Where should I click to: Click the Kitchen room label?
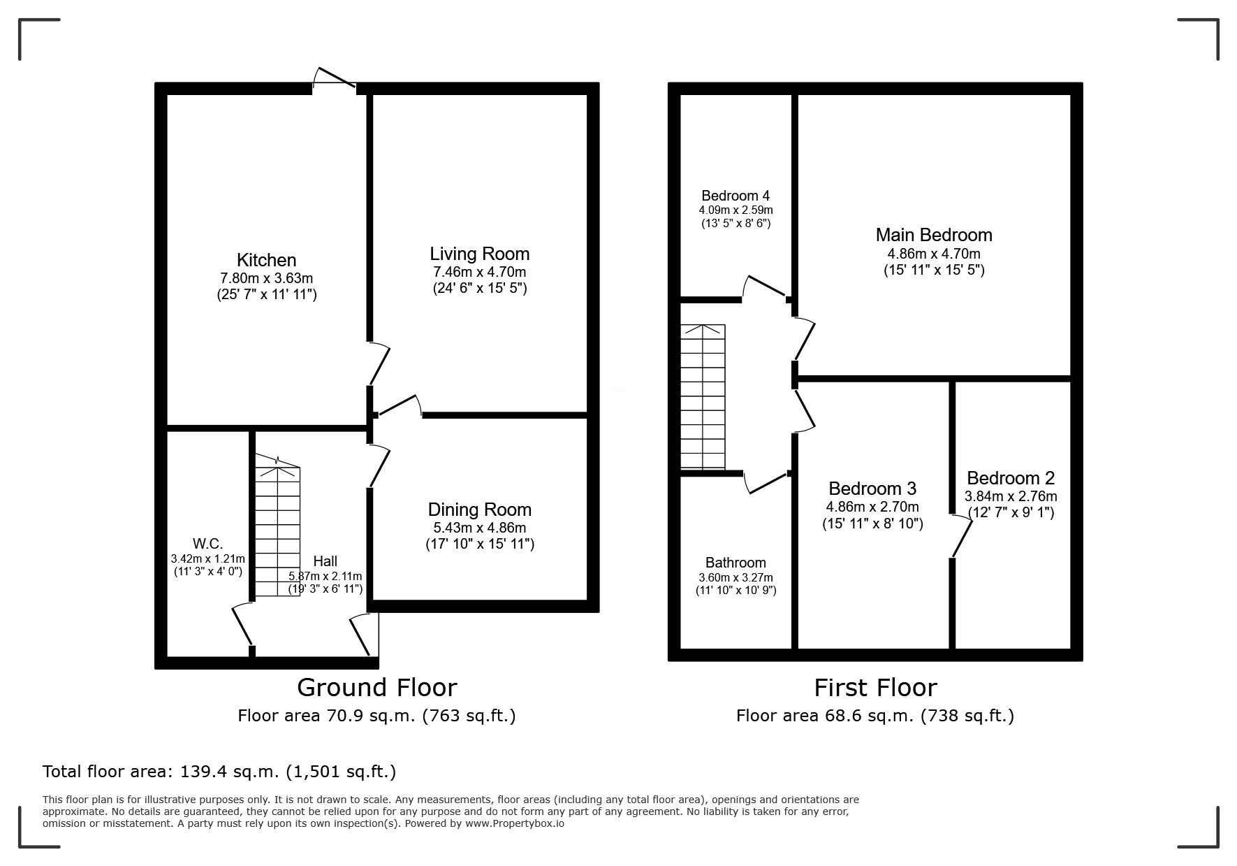tap(267, 260)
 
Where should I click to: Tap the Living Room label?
tap(480, 254)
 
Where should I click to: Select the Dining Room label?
tap(480, 510)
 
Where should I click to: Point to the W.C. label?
tap(207, 544)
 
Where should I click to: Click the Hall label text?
tap(325, 561)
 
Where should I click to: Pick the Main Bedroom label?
tap(934, 235)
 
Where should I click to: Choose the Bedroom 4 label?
tap(735, 196)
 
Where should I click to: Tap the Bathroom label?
tap(735, 563)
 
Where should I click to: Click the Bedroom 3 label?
tap(872, 488)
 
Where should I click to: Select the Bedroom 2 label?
tap(1011, 478)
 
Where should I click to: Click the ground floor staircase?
tap(277, 526)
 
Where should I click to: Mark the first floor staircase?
tap(703, 396)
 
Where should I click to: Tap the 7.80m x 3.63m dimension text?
tap(266, 278)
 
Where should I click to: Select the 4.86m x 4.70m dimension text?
tap(934, 254)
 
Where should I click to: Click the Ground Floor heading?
tap(377, 688)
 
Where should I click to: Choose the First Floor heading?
tap(875, 688)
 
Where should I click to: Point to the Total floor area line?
tap(219, 772)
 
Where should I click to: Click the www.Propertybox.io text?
tap(515, 823)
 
